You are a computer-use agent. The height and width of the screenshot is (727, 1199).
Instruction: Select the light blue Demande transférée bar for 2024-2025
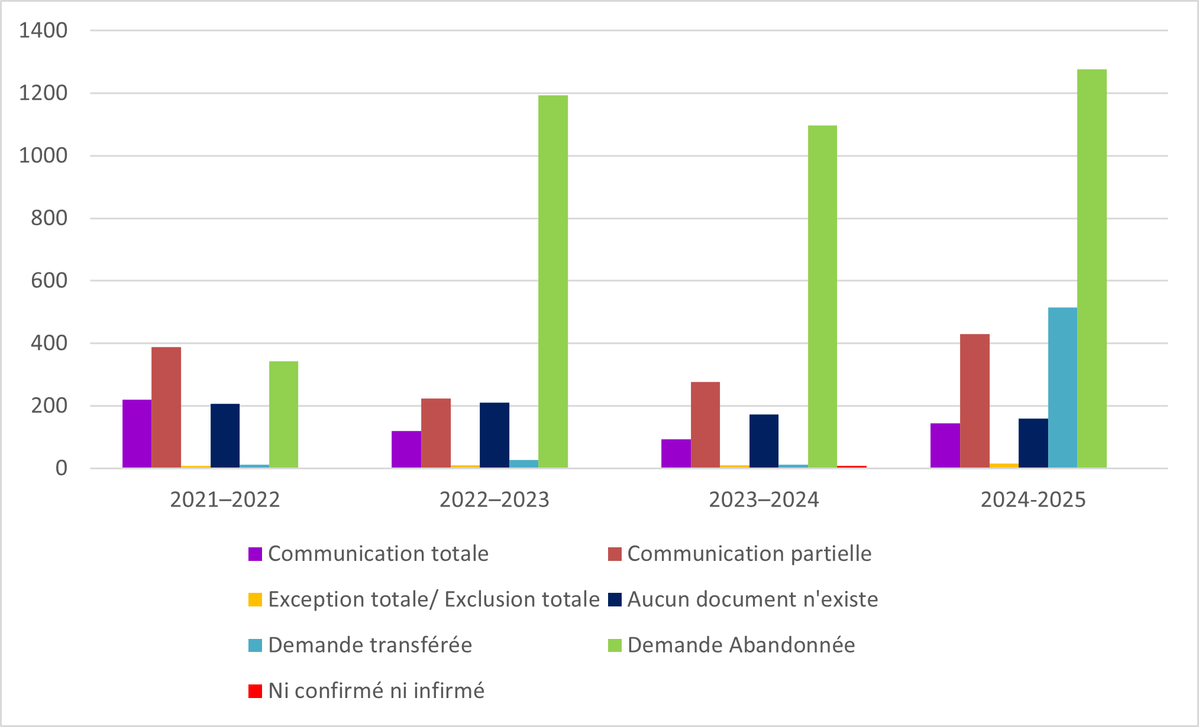[x=1062, y=388]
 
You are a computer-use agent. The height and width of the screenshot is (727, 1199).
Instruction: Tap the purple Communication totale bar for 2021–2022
[x=137, y=434]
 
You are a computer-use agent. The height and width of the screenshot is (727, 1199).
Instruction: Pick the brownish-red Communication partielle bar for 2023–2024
[x=705, y=425]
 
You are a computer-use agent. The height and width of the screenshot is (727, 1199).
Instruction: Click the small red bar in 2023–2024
[x=852, y=467]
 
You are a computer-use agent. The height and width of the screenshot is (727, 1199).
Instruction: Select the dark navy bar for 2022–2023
[x=494, y=435]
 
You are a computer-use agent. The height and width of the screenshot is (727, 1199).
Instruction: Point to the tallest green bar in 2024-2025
[x=1091, y=269]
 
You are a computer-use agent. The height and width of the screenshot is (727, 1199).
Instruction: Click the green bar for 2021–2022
[x=283, y=414]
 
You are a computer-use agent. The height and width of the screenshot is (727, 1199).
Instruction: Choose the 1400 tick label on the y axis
[x=43, y=31]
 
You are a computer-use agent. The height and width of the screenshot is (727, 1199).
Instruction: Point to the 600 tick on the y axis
[x=49, y=281]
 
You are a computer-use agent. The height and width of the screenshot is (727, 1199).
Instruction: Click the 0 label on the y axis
[x=61, y=469]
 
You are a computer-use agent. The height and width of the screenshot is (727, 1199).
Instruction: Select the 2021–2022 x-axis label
[x=225, y=500]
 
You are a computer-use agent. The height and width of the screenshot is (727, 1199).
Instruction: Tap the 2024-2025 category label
[x=1033, y=500]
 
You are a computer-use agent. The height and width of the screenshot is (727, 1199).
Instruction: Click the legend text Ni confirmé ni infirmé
[x=376, y=691]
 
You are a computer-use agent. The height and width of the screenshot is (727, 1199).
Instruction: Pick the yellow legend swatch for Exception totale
[x=255, y=600]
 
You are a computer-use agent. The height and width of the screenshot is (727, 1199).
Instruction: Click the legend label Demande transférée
[x=370, y=645]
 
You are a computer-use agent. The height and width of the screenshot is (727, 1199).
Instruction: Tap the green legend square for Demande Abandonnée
[x=615, y=645]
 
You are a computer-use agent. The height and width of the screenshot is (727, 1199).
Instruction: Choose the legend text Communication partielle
[x=749, y=554]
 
